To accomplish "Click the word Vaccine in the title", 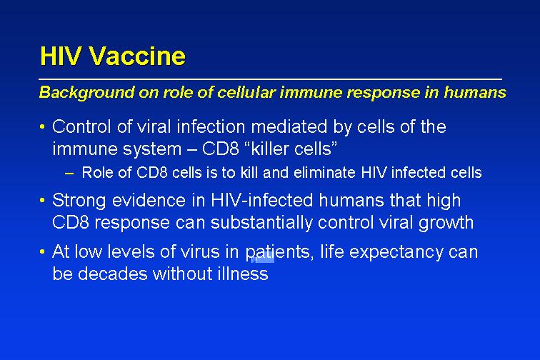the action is pos(137,56).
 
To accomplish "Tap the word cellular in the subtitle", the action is pos(246,92).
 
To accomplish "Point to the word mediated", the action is pos(289,126).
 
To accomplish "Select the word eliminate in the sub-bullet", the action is pos(324,173).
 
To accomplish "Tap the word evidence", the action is pos(149,201).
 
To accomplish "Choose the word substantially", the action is pos(261,223).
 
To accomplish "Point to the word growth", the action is pos(446,223).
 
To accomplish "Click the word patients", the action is pos(278,252).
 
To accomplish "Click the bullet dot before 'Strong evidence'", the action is pos(42,201).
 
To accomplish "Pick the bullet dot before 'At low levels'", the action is pos(42,252).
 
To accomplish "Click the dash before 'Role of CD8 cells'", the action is pos(69,174).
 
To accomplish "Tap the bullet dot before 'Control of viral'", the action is pos(42,126).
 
